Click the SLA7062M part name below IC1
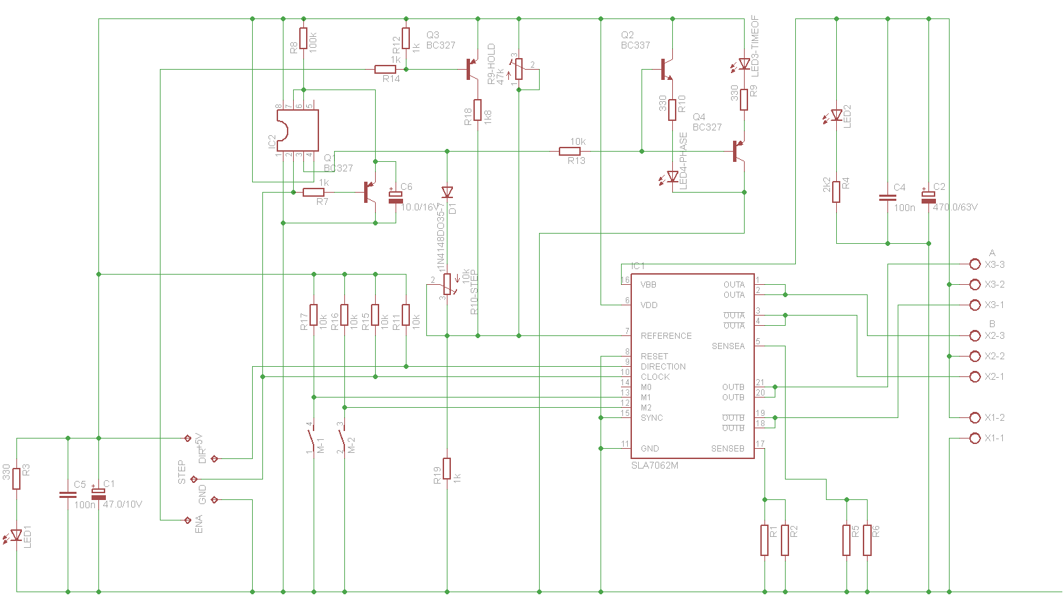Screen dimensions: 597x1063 654,465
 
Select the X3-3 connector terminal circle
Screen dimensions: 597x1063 975,264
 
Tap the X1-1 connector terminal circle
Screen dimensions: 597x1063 975,439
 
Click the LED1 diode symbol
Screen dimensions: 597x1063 16,535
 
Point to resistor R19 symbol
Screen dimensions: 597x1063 447,469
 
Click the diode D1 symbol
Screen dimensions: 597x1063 447,193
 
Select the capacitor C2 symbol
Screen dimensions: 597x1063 928,196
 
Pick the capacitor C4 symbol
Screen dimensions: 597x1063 887,197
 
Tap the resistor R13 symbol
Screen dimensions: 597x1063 570,151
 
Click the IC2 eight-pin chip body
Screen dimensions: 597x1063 298,130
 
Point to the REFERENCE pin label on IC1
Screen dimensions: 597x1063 665,336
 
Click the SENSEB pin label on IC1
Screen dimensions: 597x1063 727,449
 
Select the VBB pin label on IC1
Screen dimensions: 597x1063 648,285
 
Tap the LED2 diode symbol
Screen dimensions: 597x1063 836,115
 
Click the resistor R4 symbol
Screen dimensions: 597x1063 836,191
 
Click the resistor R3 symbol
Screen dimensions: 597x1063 16,479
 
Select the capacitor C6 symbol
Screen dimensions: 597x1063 396,196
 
